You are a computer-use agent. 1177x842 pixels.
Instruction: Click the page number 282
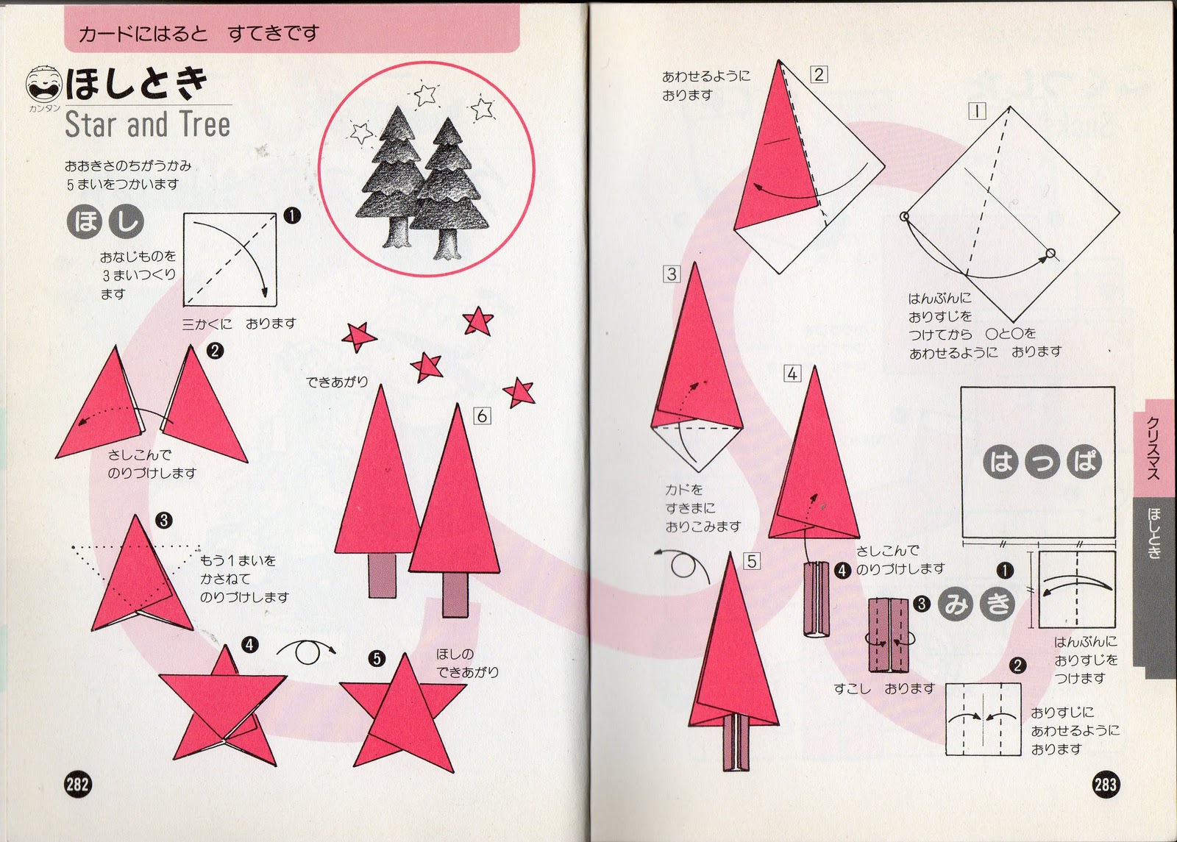click(77, 785)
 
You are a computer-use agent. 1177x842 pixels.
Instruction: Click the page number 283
click(1106, 785)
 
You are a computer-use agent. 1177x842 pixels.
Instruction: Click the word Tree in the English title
click(205, 124)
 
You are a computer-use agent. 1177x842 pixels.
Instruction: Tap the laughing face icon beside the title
click(43, 84)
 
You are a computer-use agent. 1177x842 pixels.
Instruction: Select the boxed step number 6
click(482, 416)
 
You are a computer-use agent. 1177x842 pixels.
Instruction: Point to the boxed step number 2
click(819, 74)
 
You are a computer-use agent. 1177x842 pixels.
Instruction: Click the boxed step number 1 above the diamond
click(977, 111)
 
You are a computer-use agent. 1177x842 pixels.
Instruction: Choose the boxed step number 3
click(672, 274)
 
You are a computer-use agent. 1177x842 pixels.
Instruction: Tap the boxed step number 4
click(792, 374)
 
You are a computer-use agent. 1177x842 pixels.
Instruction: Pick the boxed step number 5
click(752, 562)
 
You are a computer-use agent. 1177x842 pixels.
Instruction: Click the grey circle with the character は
click(1000, 463)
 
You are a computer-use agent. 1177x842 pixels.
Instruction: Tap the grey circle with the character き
click(998, 604)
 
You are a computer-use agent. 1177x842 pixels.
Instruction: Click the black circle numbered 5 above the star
click(377, 658)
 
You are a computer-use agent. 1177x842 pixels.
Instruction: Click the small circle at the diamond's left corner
click(904, 216)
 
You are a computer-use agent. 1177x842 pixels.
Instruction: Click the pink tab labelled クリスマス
click(1155, 448)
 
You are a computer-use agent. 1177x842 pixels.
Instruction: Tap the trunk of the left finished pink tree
click(382, 574)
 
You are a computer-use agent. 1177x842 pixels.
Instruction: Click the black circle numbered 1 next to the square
click(1005, 571)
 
